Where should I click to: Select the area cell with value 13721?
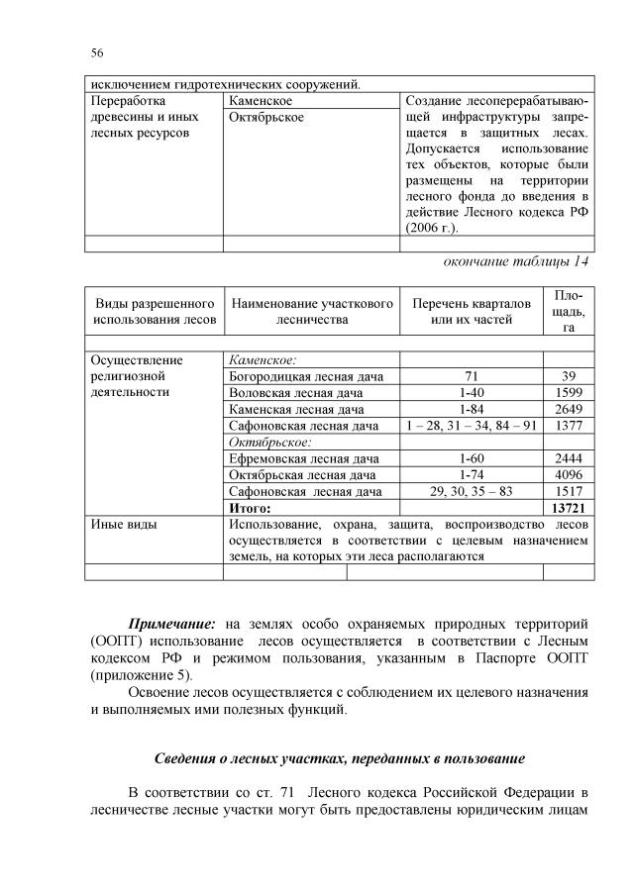point(569,508)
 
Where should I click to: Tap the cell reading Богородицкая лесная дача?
point(305,376)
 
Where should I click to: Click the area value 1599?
point(569,393)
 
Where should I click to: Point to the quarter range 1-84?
point(472,409)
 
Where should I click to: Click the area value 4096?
point(569,475)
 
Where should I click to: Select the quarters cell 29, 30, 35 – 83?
point(472,491)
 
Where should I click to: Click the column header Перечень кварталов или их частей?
point(472,311)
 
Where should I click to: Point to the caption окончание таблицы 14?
point(517,260)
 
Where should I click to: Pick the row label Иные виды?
point(123,524)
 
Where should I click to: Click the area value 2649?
point(569,409)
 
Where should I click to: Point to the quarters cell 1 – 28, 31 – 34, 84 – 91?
point(472,426)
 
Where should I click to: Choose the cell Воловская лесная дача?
point(295,393)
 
